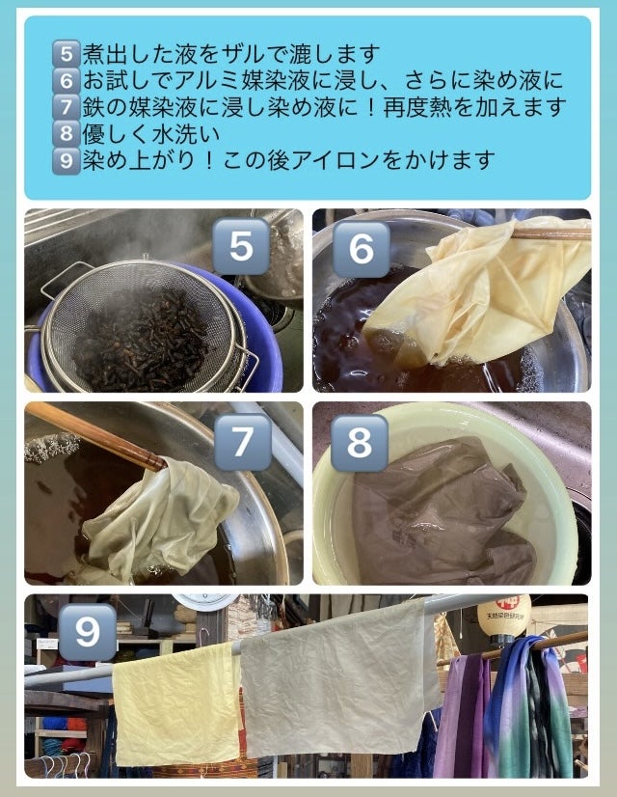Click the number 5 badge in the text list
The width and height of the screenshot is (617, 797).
pos(66,53)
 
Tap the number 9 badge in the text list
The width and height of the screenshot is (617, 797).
pos(66,160)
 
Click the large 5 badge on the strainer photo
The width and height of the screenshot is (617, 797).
pos(241,246)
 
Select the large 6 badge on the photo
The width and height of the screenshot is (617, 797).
pos(362,250)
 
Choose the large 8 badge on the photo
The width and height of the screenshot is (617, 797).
pos(360,443)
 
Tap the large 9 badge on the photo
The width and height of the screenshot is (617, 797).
pos(88,632)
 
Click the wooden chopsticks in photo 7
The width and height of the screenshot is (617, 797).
pos(96,434)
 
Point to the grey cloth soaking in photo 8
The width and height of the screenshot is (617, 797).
pos(442,510)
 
